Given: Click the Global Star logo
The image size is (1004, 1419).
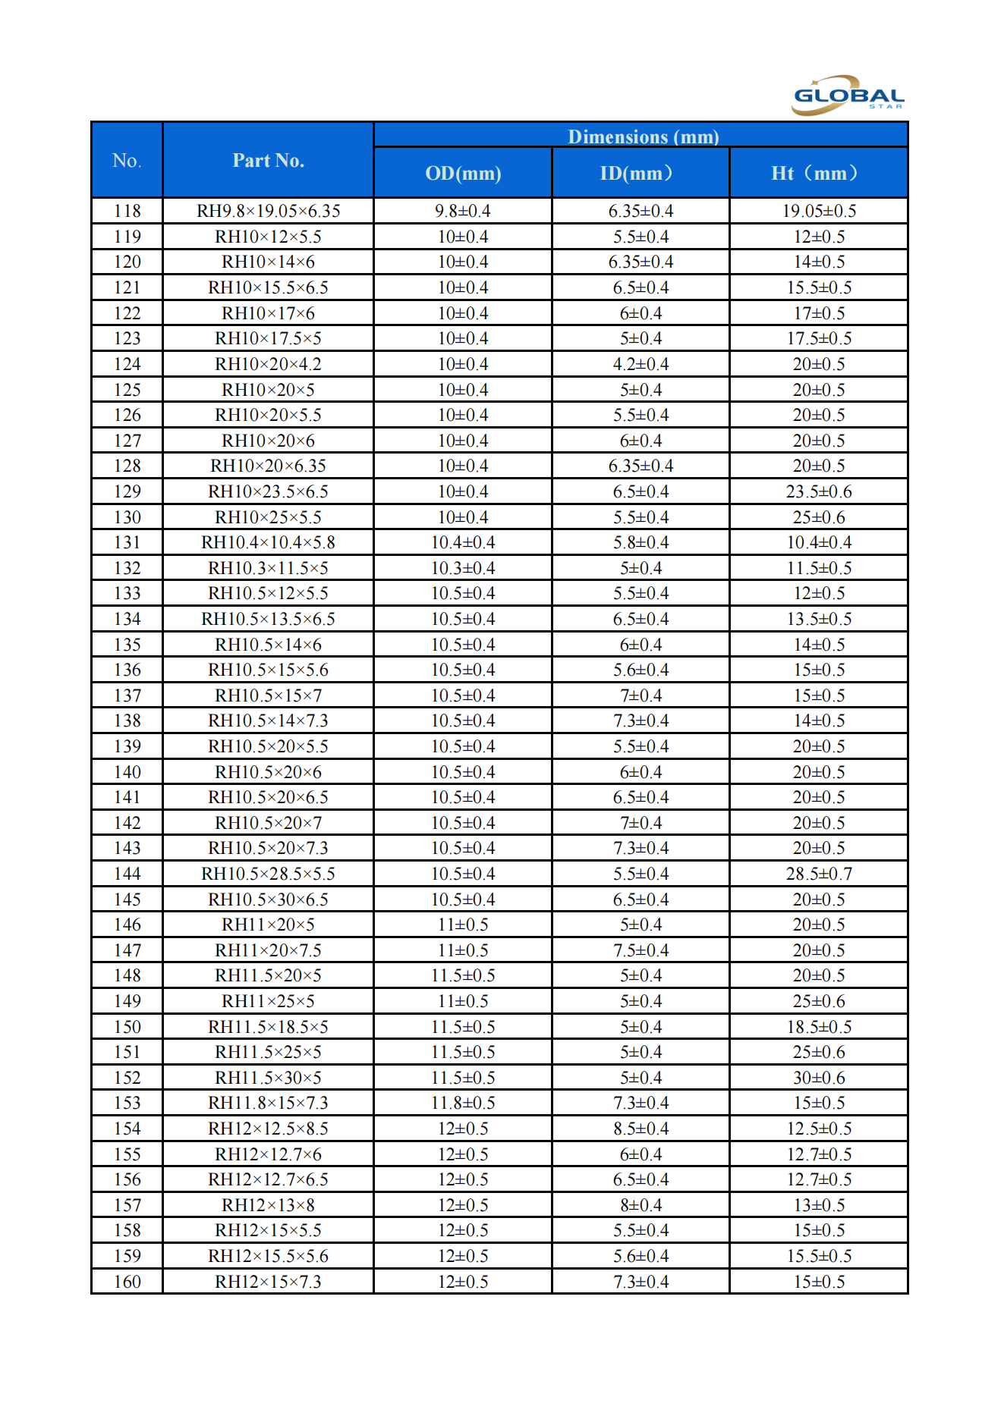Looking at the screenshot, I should click(x=848, y=96).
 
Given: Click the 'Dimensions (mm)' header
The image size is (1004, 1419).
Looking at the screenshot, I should click(x=643, y=137).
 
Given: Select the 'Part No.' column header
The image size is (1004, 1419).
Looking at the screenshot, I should click(x=268, y=161).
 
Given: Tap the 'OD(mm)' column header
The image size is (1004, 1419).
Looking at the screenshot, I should click(x=463, y=174).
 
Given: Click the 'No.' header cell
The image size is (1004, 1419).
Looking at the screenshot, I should click(x=127, y=161).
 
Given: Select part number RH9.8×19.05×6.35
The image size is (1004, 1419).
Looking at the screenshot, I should click(x=268, y=211).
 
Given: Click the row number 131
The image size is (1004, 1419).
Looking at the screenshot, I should click(x=127, y=542).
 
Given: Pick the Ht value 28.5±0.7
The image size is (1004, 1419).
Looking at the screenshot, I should click(x=819, y=874).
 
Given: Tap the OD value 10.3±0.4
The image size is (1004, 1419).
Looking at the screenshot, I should click(x=463, y=568).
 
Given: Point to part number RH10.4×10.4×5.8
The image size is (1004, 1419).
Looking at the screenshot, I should click(x=268, y=542).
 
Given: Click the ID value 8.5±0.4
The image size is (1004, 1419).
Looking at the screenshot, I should click(x=641, y=1129).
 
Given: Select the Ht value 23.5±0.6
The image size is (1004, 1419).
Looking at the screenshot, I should click(x=819, y=491).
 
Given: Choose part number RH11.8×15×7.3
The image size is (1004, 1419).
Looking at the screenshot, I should click(x=268, y=1103).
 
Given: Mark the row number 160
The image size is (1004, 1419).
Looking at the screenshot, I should click(x=127, y=1282).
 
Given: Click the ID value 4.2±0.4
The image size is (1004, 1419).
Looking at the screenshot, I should click(x=641, y=364).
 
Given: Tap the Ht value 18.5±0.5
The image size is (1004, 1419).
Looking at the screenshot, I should click(x=819, y=1027).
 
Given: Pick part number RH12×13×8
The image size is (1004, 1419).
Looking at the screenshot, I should click(x=268, y=1205).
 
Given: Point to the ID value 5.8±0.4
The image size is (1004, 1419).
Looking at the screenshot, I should click(x=641, y=542).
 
